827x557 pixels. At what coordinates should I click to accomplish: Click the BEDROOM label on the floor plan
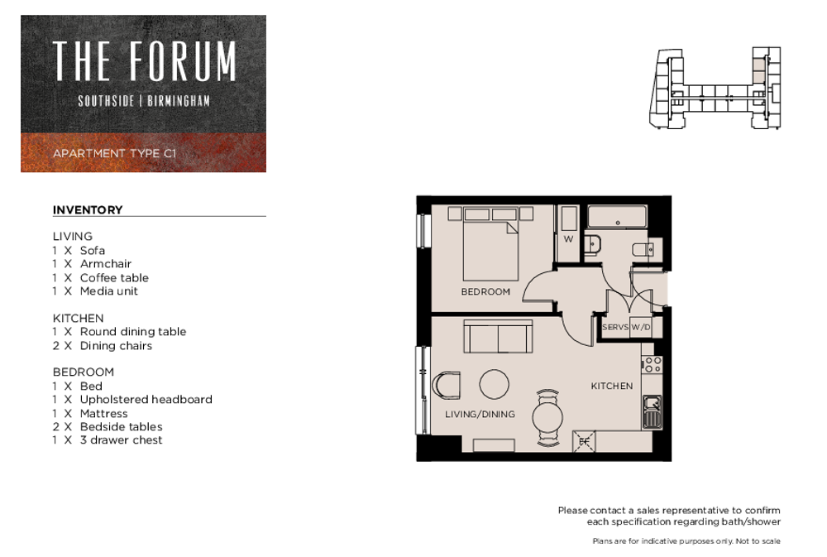coord(485,291)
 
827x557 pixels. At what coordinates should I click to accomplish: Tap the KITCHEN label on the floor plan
coord(611,386)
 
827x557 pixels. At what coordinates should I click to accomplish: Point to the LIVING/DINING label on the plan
coord(480,414)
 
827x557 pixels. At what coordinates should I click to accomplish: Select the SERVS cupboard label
coord(615,327)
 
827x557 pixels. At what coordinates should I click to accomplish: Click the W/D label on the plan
coord(641,327)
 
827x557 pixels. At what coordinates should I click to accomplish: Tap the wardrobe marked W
coord(568,233)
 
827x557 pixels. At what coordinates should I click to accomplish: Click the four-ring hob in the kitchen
coord(653,365)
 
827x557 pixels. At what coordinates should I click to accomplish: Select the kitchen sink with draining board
coord(653,412)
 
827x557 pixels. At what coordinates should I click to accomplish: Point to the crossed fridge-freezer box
coord(584,441)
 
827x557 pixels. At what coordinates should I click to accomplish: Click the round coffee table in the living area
coord(495,384)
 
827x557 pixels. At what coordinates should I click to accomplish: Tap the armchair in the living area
coord(447,386)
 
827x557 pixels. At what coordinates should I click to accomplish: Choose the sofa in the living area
coord(498,336)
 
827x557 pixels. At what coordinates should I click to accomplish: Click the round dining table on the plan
coord(547,418)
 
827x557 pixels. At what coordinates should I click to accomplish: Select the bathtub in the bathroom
coord(617,217)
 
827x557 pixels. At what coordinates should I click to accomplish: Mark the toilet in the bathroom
coord(643,249)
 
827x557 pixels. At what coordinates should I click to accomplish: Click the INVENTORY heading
coord(88,209)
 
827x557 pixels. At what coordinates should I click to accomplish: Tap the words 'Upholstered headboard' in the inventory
coord(146,400)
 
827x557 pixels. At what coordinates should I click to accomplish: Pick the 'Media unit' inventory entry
coord(108,291)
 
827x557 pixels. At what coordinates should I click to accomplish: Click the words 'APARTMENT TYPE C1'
coord(114,153)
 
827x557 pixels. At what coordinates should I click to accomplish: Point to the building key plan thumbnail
coord(715,88)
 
